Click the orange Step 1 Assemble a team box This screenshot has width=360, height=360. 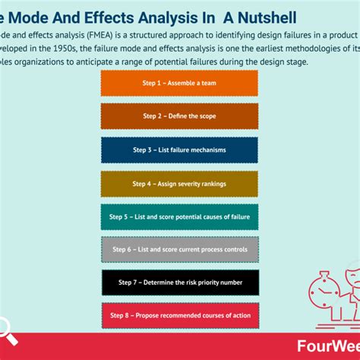(x=179, y=84)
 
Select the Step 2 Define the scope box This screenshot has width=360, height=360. (x=179, y=117)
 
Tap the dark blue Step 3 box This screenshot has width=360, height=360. (x=179, y=150)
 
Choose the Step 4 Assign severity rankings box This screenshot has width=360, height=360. (x=179, y=183)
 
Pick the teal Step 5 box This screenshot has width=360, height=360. (x=179, y=216)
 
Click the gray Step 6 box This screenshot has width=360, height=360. (x=179, y=249)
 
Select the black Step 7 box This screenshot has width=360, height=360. (x=179, y=283)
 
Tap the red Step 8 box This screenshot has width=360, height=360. (x=179, y=315)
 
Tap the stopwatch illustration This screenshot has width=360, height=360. (x=318, y=293)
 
